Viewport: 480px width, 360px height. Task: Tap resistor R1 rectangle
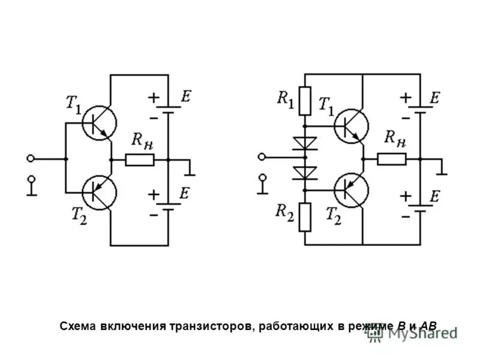click(x=305, y=100)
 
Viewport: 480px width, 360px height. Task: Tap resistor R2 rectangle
click(x=305, y=217)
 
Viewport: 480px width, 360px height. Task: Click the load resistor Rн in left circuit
click(x=140, y=160)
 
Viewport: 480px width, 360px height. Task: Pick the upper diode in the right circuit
click(x=305, y=143)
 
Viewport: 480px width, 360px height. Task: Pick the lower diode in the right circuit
click(x=305, y=173)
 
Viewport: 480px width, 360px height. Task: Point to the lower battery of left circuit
click(x=169, y=208)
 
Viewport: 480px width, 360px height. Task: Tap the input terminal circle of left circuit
click(x=31, y=159)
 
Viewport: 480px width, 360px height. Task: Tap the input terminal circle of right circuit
click(x=260, y=158)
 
